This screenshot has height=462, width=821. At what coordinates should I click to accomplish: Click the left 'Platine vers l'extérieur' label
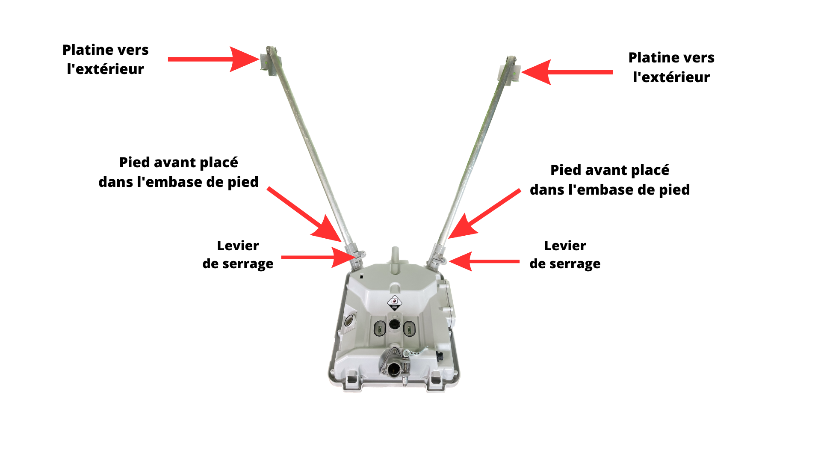tap(106, 59)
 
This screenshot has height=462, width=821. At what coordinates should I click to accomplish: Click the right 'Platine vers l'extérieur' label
tap(671, 67)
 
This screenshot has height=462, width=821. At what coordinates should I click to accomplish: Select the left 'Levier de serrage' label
tap(238, 255)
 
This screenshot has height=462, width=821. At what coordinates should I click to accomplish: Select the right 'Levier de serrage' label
tap(565, 255)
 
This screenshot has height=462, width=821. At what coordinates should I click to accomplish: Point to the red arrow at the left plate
tap(214, 59)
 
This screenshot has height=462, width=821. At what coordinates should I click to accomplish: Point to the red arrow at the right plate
tap(567, 72)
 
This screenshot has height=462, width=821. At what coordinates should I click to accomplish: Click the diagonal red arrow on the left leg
tap(304, 214)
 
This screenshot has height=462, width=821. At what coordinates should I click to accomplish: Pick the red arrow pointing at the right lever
tap(484, 261)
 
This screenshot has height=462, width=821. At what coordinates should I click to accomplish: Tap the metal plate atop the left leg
tap(269, 62)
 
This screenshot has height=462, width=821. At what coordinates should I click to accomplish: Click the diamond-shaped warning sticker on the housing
tap(394, 302)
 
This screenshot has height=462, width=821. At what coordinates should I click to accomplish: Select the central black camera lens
tap(394, 324)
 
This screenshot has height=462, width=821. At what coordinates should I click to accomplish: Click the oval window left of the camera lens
tap(379, 329)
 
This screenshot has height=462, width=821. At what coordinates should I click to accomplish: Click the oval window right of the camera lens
tap(409, 329)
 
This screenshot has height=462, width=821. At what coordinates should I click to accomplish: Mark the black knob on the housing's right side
tap(439, 356)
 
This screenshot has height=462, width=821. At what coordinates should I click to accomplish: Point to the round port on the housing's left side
tap(349, 321)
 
